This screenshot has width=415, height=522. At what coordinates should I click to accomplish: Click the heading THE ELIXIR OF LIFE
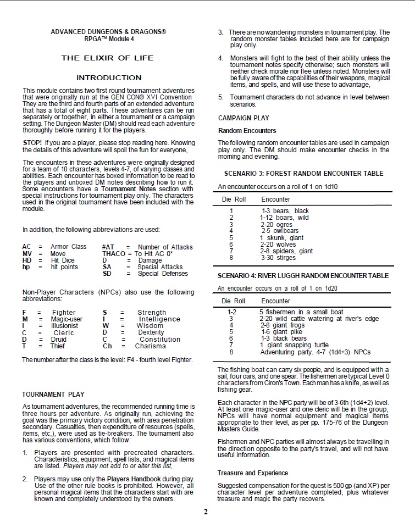[x=107, y=58]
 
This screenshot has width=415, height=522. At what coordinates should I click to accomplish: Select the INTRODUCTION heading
[x=109, y=78]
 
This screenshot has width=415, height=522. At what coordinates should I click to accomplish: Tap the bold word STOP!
[x=32, y=143]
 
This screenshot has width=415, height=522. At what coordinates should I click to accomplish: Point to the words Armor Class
[x=69, y=247]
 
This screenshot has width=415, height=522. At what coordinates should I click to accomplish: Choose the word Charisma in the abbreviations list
[x=150, y=346]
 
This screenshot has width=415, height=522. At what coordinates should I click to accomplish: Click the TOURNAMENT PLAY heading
[x=53, y=394]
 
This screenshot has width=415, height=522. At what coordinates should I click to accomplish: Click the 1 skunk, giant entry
[x=281, y=238]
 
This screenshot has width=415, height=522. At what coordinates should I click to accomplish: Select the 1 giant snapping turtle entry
[x=294, y=345]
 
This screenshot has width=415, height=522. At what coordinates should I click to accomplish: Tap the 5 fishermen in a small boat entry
[x=301, y=312]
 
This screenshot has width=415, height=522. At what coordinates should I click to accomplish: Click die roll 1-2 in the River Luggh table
[x=232, y=312]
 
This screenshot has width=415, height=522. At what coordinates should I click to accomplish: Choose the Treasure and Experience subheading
[x=252, y=473]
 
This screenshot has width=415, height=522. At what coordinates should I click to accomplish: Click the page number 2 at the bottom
[x=206, y=512]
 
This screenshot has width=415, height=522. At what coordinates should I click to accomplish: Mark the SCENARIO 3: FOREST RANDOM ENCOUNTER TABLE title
[x=303, y=174]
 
